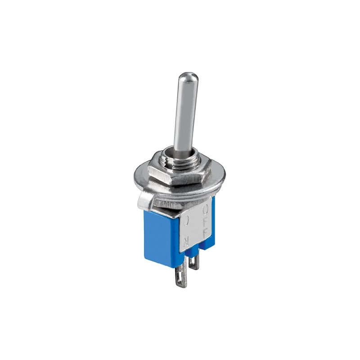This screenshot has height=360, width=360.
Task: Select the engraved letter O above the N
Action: tap(186, 221)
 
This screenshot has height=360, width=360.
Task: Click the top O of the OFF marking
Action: tap(205, 210)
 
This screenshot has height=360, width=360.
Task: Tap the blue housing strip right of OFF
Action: tap(212, 225)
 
